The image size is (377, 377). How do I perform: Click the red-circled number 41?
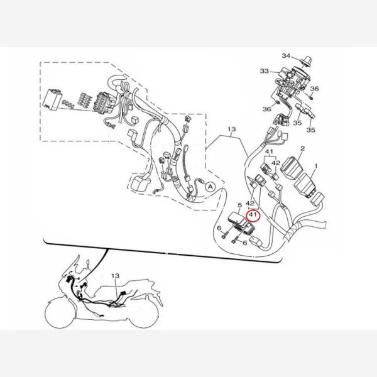253,214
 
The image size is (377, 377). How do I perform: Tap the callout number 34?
286,56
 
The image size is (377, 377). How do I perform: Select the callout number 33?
265,71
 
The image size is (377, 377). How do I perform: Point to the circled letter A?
210,187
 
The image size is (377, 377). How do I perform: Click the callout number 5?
239,205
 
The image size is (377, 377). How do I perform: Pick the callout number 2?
302,148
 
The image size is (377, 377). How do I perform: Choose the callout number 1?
316,166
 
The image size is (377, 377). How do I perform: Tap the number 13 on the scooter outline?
115,276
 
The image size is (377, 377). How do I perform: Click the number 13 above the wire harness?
231,129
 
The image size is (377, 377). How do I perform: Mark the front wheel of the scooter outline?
60,312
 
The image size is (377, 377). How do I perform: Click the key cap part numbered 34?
307,60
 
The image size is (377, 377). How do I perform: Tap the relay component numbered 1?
305,185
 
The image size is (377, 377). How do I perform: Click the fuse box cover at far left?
52,100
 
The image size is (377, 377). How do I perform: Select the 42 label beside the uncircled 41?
276,163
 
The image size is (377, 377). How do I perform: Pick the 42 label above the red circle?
250,204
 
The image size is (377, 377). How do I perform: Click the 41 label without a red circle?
269,151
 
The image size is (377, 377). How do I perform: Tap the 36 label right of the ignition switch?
314,89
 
